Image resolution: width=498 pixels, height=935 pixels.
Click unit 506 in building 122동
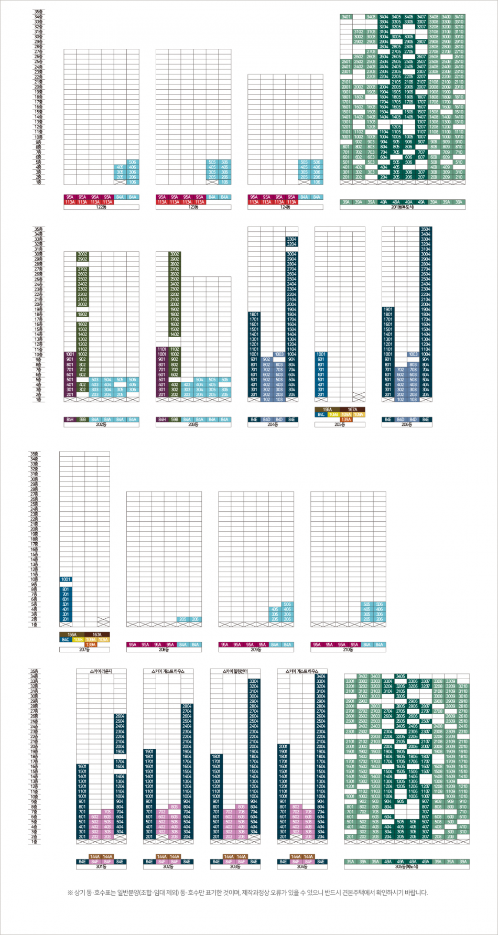pos(133,163)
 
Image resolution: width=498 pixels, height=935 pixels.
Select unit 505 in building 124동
pos(304,163)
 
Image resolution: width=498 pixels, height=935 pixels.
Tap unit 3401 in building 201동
pos(346,17)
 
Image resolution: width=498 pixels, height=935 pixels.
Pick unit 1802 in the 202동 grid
pos(82,314)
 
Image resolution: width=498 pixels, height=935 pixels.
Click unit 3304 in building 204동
pos(291,239)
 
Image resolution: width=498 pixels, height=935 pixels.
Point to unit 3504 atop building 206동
pos(426,229)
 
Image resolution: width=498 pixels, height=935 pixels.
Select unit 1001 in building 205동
pos(321,354)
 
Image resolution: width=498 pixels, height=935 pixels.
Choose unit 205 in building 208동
pos(182,619)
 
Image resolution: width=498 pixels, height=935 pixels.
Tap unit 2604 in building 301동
pos(120,716)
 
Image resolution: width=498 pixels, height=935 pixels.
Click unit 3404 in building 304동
pos(321,676)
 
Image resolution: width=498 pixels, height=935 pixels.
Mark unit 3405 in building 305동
pos(400,676)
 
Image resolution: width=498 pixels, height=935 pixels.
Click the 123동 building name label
pos(193,207)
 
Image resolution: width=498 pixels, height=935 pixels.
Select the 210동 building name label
pos(348,650)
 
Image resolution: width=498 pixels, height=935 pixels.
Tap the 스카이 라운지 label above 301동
pos(102,671)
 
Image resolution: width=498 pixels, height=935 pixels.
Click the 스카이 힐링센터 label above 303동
pos(235,671)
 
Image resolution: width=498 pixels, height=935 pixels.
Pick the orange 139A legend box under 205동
pos(346,420)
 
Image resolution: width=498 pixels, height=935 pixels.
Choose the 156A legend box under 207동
pos(72,635)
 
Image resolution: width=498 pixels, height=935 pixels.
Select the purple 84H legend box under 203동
pos(162,420)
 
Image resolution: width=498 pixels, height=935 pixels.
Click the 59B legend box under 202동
pos(82,420)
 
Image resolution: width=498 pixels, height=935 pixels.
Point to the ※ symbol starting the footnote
pos(70,892)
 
